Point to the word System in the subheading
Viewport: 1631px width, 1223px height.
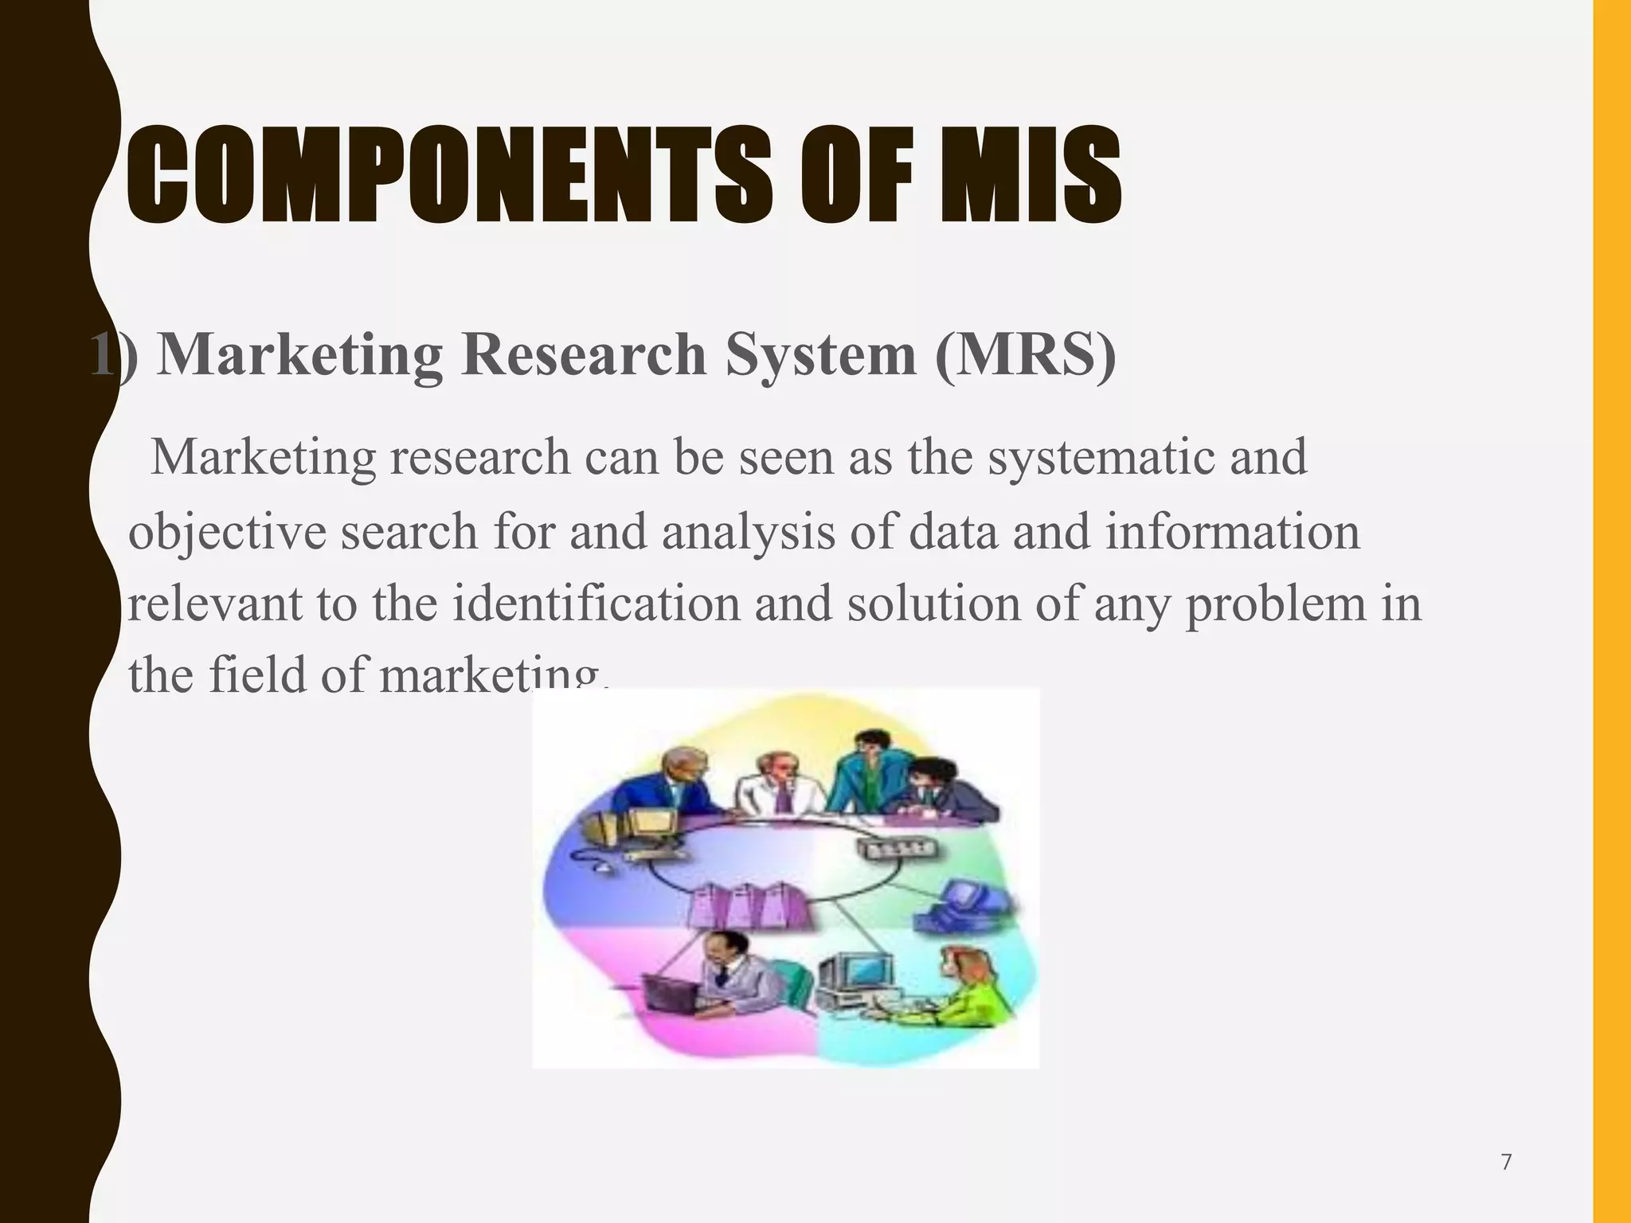[x=820, y=354]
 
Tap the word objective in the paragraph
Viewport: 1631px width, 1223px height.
[x=227, y=532]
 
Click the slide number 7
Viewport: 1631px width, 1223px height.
[x=1506, y=1163]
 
